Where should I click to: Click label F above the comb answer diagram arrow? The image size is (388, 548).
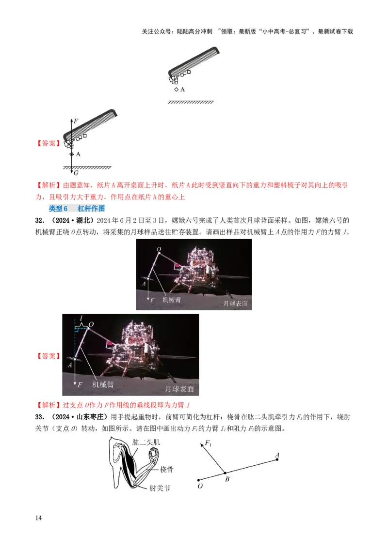point(75,119)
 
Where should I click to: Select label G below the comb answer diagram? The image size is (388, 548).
point(76,172)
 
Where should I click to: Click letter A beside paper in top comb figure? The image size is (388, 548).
point(182,90)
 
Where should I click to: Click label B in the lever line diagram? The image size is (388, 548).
point(226,479)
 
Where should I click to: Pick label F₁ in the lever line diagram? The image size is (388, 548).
point(208,443)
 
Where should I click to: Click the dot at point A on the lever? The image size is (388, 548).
point(277,459)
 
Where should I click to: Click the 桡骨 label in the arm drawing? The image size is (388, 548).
point(167,469)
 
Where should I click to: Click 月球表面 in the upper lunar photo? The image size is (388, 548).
point(236,304)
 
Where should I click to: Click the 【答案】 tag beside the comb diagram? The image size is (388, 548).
point(48,143)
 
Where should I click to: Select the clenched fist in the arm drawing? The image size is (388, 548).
point(155,456)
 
